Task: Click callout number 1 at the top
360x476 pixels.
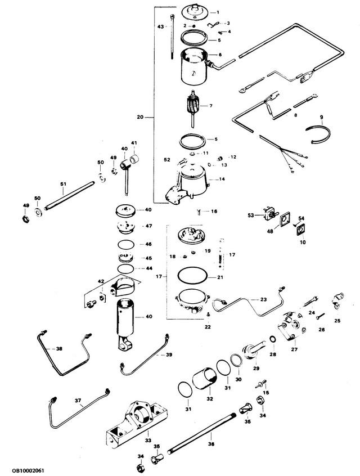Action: tap(218, 12)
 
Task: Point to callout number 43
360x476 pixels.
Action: tap(160, 26)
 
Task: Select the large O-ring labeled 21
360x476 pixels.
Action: tap(192, 277)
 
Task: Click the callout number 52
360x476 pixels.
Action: tap(166, 159)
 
